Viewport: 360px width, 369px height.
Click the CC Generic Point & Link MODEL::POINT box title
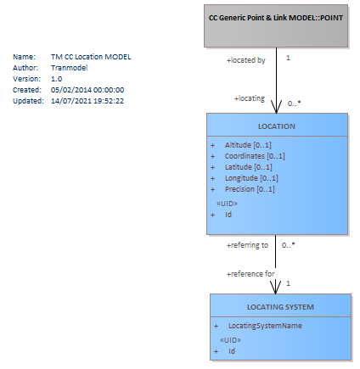276,18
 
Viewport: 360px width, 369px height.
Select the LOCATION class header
277,126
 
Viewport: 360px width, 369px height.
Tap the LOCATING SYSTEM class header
280,307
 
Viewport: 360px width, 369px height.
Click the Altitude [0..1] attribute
248,145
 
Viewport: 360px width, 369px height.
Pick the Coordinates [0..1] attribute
255,156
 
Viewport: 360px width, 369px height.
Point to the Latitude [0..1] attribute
249,167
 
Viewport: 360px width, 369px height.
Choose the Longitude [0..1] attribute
251,178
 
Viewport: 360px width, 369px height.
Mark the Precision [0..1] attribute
250,189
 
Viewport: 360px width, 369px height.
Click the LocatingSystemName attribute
265,326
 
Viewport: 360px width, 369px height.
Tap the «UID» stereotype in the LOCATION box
227,204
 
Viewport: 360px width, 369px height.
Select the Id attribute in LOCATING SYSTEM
232,351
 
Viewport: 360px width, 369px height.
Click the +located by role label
246,60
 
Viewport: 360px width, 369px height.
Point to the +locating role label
250,98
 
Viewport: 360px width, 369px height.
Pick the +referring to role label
247,245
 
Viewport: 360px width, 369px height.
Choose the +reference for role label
250,274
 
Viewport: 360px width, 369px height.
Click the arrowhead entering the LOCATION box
277,107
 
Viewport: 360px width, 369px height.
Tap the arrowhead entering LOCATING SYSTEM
276,288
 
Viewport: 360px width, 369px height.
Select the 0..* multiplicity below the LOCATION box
289,245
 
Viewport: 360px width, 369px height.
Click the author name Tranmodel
70,68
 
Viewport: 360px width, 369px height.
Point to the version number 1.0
57,79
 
